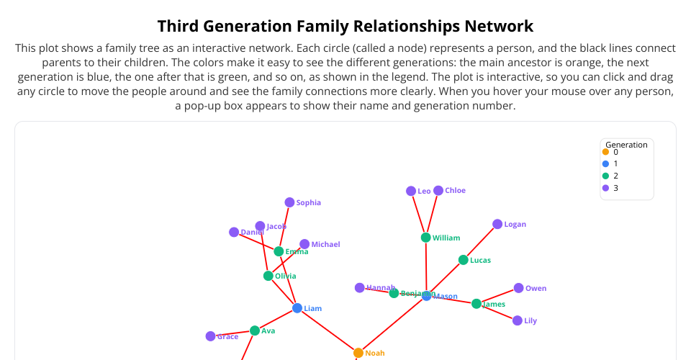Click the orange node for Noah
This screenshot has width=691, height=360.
click(358, 353)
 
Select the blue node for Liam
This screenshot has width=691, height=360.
click(297, 308)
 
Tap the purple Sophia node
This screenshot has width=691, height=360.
click(289, 202)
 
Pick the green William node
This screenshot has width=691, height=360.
click(425, 238)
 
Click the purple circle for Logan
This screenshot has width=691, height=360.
click(497, 224)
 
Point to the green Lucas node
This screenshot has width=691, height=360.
click(464, 260)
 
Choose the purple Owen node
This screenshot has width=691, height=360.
click(518, 288)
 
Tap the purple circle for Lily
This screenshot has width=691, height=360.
click(518, 320)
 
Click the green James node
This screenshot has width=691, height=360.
click(477, 304)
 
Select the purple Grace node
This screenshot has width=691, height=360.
click(210, 336)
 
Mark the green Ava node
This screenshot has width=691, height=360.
click(255, 330)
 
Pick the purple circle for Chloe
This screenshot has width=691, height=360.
click(438, 190)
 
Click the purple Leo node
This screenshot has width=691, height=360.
click(411, 191)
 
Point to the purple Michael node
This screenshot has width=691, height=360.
click(304, 244)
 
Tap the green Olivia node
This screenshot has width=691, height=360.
click(268, 276)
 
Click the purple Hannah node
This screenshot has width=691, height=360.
click(360, 288)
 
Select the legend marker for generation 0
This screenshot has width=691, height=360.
click(605, 152)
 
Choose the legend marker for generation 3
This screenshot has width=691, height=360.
click(605, 188)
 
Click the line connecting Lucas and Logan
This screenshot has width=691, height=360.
click(481, 242)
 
